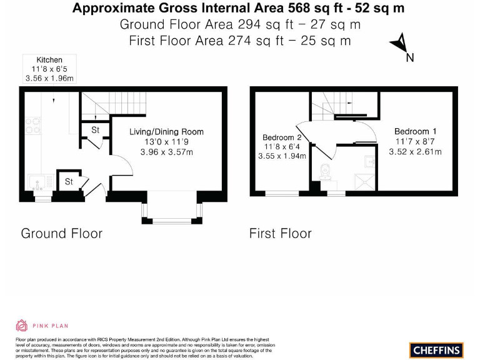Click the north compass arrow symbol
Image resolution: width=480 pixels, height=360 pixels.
[x=400, y=45]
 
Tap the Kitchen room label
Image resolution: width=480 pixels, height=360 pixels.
[x=49, y=60]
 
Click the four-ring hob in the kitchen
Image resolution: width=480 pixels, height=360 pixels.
[x=33, y=126]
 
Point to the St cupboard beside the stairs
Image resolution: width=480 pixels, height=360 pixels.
[x=96, y=131]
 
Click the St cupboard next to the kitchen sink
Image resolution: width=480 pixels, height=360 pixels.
[x=69, y=182]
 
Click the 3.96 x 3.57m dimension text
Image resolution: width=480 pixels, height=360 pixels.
[x=166, y=151]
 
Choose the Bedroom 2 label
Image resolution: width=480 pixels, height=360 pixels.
[x=282, y=137]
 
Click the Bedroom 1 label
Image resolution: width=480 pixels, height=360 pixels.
[x=416, y=131]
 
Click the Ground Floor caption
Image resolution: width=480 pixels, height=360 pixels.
[x=61, y=234]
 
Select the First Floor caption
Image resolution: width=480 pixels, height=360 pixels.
[x=280, y=234]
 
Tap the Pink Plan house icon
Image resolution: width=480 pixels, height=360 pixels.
[x=21, y=325]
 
